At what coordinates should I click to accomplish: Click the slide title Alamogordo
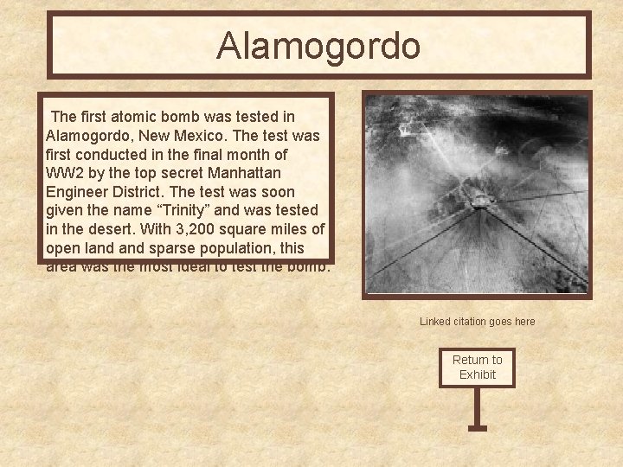[x=318, y=46]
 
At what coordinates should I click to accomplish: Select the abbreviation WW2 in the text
[x=66, y=173]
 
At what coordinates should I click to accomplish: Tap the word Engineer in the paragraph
[x=77, y=191]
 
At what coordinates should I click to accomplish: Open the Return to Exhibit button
[x=477, y=367]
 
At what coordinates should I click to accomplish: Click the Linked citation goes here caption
[x=478, y=322]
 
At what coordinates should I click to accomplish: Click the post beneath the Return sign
[x=477, y=406]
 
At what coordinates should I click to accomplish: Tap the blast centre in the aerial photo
[x=478, y=201]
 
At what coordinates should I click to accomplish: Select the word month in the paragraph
[x=240, y=154]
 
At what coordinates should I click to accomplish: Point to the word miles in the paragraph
[x=289, y=229]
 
